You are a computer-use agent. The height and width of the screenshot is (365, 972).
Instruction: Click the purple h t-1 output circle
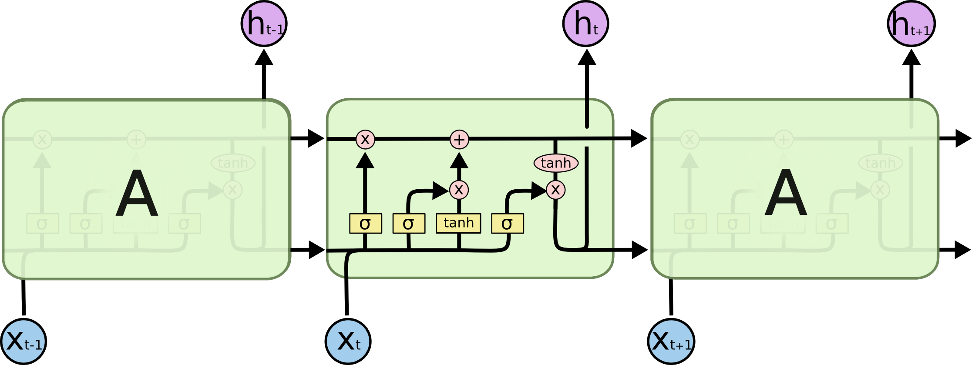[264, 23]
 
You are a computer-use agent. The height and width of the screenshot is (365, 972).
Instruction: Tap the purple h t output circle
[585, 23]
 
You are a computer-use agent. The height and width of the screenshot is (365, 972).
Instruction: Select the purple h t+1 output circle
[911, 23]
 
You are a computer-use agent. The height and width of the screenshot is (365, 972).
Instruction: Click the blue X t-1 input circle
[24, 342]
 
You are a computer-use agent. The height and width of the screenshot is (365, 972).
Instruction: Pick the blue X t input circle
[348, 342]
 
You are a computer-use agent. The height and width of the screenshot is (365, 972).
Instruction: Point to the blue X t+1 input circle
[671, 342]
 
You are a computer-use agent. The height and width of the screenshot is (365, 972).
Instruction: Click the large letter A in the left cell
[137, 193]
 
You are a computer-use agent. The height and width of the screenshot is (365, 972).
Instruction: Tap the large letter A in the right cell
[786, 193]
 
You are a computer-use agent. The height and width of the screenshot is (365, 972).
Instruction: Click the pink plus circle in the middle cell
[459, 140]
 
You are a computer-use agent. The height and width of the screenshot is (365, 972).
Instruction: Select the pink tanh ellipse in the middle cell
[556, 163]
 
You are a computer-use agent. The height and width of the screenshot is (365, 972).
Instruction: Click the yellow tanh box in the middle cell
[458, 223]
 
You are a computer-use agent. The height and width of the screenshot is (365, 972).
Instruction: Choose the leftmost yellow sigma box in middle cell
[366, 224]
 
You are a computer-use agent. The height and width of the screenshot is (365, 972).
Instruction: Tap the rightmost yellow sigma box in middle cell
[508, 224]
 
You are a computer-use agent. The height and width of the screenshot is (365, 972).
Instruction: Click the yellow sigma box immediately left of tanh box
[409, 224]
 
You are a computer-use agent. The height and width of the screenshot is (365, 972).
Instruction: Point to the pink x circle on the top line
[365, 140]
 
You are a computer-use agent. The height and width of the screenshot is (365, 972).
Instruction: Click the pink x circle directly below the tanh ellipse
[556, 190]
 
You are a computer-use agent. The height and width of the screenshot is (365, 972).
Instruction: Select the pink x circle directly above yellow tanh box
[459, 190]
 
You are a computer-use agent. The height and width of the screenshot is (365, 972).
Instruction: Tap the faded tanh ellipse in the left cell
[233, 163]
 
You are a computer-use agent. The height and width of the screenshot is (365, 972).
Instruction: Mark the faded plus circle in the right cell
[784, 140]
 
